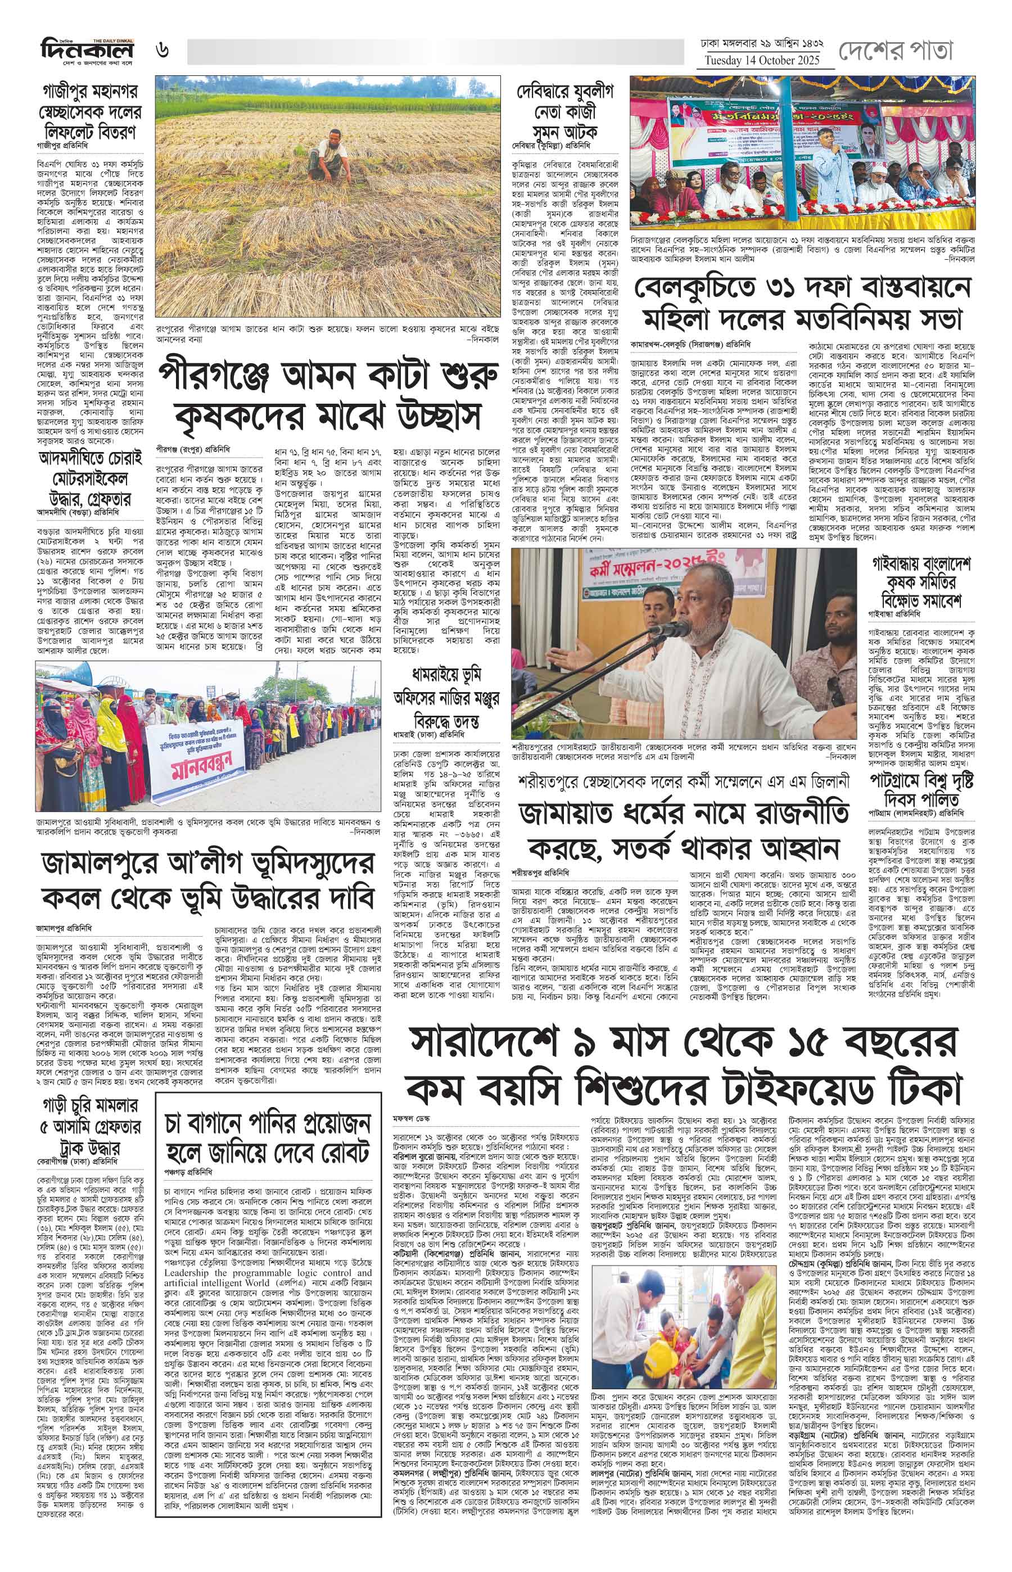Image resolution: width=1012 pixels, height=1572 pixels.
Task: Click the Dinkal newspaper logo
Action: (x=86, y=49)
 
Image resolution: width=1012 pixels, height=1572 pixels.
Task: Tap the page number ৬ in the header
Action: (x=162, y=49)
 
